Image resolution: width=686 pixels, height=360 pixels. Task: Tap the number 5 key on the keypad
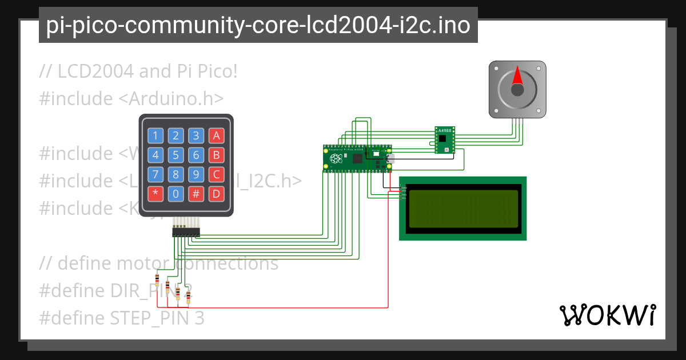tap(176, 155)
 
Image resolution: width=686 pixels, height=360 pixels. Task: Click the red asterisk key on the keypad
tap(155, 194)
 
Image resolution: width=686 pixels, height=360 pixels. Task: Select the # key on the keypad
tap(196, 194)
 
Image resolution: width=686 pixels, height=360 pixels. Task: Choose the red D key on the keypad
tap(216, 194)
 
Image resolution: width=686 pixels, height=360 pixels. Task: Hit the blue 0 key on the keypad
tap(176, 194)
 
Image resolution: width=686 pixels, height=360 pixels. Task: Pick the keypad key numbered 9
tap(196, 174)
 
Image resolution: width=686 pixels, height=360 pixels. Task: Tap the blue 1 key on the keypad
tap(155, 135)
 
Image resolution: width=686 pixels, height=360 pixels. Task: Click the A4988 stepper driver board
tap(444, 140)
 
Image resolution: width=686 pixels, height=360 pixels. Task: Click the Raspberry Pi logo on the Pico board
tap(336, 158)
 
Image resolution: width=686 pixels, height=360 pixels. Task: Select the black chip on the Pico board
tap(358, 158)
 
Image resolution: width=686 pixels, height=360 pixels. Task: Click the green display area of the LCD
tap(463, 209)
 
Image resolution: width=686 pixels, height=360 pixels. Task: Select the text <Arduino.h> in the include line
tap(171, 98)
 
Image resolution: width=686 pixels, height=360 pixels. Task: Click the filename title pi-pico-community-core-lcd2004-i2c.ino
tap(258, 25)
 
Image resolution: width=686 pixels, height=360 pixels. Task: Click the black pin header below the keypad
tap(186, 233)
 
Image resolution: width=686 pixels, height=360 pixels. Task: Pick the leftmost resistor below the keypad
tap(157, 279)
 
